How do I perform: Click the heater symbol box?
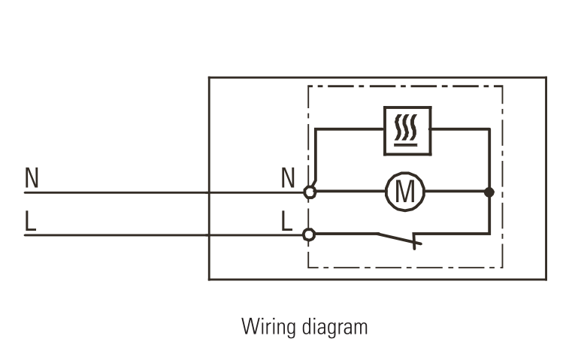point(407,130)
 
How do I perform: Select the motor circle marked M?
point(406,192)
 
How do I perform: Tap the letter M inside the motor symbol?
point(406,192)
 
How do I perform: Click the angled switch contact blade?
point(398,238)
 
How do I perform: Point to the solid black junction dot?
point(489,192)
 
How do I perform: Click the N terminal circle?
point(308,192)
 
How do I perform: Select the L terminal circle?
point(308,234)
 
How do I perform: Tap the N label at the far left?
point(32,178)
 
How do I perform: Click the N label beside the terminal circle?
point(288,178)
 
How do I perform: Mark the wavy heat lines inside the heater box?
point(407,129)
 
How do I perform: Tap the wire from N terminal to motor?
point(350,192)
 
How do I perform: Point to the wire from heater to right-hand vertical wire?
point(460,129)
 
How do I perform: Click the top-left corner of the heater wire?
point(316,129)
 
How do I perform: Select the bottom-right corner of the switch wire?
point(489,234)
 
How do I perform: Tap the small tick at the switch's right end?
point(418,241)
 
